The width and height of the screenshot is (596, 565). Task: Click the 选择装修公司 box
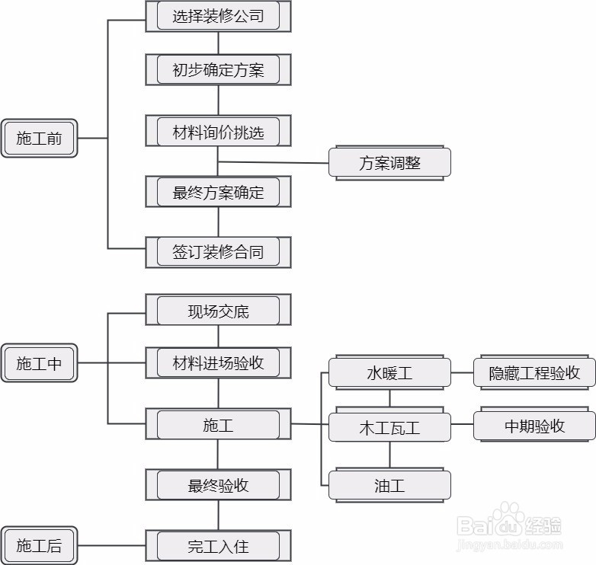tap(218, 16)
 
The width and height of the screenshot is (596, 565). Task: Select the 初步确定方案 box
tap(218, 71)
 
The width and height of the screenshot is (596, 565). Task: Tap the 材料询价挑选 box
tap(218, 132)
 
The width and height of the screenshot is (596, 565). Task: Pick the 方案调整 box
tap(389, 163)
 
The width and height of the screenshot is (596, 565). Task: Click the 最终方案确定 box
tap(218, 193)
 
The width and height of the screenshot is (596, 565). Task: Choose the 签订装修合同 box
tap(218, 252)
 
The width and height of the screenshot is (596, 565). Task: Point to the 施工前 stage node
tap(39, 139)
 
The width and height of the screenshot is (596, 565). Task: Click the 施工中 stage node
tap(39, 363)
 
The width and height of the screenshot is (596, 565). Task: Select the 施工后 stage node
tap(39, 545)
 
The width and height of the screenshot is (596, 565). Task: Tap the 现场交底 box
tap(218, 311)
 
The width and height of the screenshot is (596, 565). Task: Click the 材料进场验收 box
tap(218, 363)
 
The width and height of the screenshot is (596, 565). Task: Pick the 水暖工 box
tap(389, 373)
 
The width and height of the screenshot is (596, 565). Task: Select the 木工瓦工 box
tap(389, 428)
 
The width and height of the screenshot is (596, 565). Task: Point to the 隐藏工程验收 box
tap(534, 373)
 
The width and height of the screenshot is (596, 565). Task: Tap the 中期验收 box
tap(534, 426)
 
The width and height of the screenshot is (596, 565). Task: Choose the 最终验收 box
tap(218, 485)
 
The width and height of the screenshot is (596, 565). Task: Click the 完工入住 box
tap(218, 545)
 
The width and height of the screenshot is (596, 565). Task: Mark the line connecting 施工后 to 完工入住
tap(111, 545)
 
